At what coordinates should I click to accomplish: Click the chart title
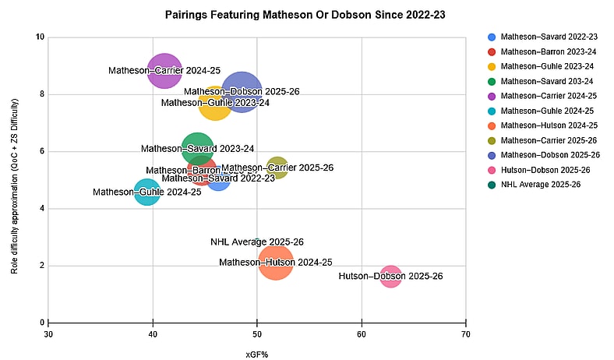tap(310, 14)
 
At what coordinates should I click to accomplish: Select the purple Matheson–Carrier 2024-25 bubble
tap(164, 71)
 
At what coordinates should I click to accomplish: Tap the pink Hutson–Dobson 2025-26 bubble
tap(390, 277)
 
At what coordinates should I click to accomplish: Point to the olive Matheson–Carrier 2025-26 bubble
tap(277, 168)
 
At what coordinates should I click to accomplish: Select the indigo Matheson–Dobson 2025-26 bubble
tap(242, 92)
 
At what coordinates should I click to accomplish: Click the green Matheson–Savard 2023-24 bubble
tap(198, 148)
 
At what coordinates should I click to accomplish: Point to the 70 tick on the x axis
tap(466, 335)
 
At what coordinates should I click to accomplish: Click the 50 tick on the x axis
tap(257, 335)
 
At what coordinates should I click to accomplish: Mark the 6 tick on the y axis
tap(41, 151)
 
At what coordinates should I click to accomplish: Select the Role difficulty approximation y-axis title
tap(15, 179)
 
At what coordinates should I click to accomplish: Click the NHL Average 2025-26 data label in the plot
tap(257, 242)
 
